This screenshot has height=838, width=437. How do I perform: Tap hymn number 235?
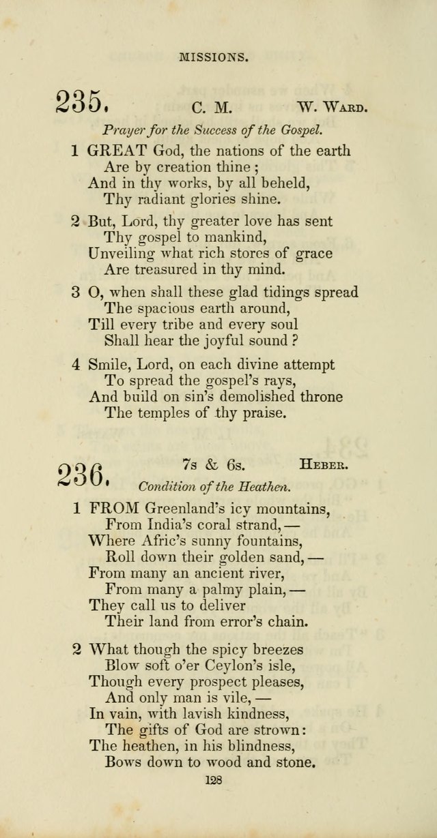click(x=81, y=103)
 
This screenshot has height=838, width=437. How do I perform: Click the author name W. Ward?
click(x=332, y=107)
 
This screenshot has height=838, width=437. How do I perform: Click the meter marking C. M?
click(x=203, y=108)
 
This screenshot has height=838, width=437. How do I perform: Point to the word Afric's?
click(x=163, y=542)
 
